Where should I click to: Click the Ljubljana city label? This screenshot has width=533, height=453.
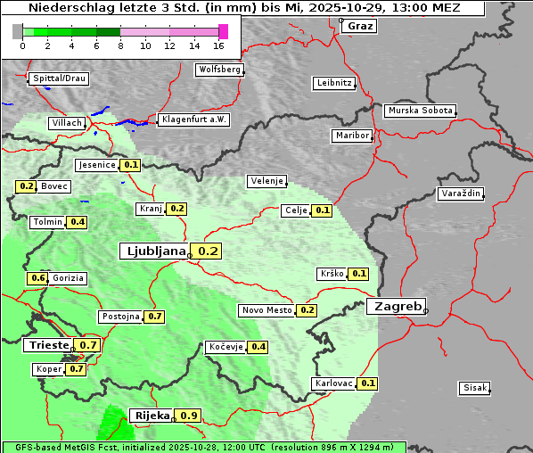[153, 251]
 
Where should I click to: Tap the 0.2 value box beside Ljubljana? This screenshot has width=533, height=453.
[208, 251]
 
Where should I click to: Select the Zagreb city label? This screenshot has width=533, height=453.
[397, 306]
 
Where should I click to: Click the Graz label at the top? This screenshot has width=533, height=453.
[360, 26]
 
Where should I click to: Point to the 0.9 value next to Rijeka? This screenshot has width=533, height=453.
[189, 416]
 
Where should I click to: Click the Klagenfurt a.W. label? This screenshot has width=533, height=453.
[193, 119]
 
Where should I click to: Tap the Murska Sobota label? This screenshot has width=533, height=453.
[420, 111]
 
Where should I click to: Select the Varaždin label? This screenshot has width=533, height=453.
[461, 194]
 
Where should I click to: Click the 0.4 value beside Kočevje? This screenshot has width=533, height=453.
[258, 347]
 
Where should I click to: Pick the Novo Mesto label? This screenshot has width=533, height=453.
[266, 310]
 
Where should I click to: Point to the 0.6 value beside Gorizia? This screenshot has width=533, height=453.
[37, 278]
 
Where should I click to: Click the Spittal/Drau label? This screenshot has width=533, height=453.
[60, 78]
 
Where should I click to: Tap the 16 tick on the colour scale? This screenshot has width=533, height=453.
[219, 45]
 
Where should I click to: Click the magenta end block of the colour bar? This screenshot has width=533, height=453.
[223, 31]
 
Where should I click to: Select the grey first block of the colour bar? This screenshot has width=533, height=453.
[18, 31]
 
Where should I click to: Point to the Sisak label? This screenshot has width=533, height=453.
[474, 388]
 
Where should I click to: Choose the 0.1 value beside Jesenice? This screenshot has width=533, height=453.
[131, 165]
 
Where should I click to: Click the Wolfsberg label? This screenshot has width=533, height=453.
[218, 70]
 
